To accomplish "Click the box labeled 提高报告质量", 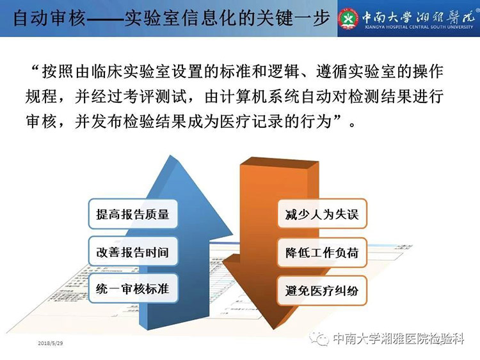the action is (x=133, y=214).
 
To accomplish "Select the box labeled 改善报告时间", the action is (x=133, y=252).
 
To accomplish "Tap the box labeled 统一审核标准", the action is (x=133, y=288).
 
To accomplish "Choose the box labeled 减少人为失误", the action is (x=322, y=214).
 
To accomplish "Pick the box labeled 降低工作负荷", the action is (x=322, y=253).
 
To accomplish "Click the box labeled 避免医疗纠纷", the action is (x=322, y=290).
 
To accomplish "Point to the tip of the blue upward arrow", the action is (x=170, y=155).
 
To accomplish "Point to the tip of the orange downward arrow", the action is (x=273, y=329).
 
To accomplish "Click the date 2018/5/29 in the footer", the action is (x=51, y=343).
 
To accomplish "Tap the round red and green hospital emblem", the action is (x=348, y=19).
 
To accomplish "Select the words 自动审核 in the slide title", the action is (x=49, y=18).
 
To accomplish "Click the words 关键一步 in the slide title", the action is (x=293, y=18).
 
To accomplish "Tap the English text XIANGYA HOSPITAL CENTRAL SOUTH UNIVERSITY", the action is (x=419, y=27).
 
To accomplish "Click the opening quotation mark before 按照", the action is (x=35, y=69).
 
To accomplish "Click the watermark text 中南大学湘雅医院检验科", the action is (x=399, y=339).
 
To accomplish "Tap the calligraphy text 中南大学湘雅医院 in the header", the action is (x=419, y=17).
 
